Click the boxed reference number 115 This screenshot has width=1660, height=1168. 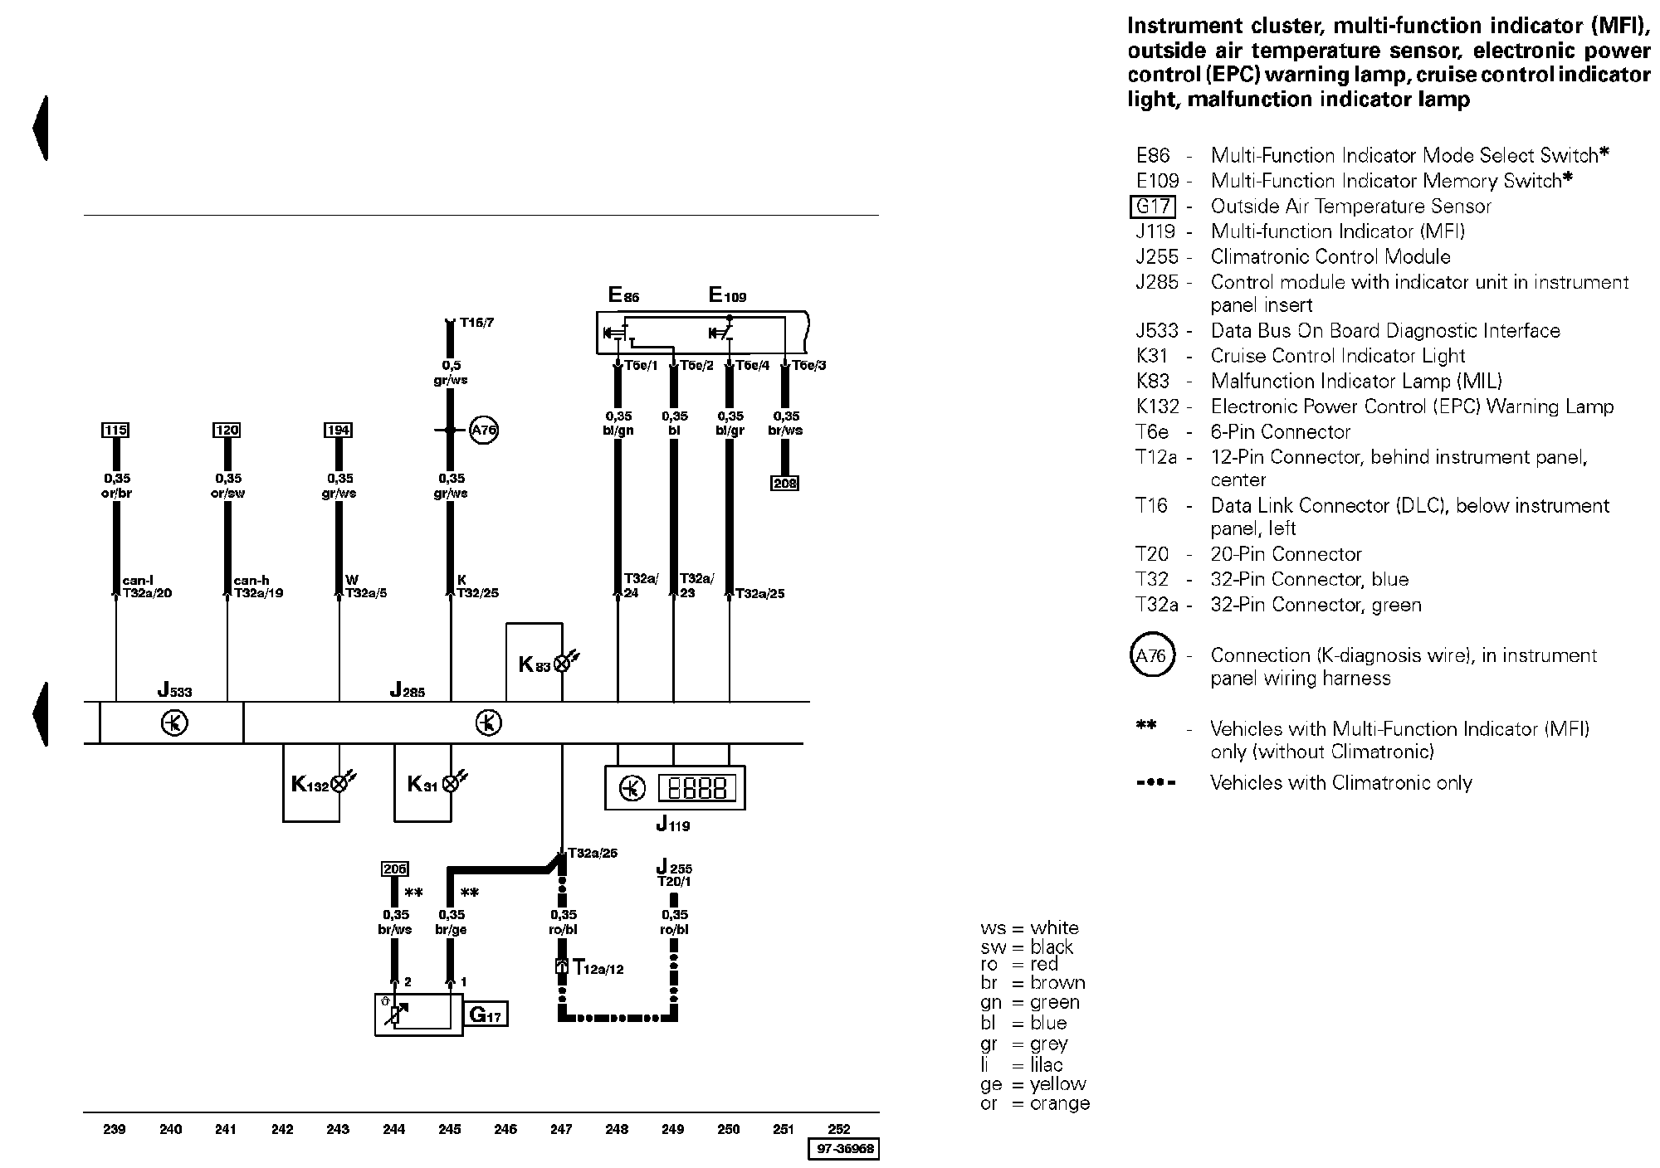[115, 430]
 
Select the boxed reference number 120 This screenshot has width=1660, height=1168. [227, 430]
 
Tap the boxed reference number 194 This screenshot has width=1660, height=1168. [338, 430]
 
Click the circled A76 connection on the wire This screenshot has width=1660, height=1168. [483, 431]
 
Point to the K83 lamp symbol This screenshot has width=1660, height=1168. [563, 663]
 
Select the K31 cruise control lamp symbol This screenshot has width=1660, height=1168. [451, 783]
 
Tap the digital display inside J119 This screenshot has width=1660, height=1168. [697, 788]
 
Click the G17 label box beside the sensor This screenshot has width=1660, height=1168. [486, 1015]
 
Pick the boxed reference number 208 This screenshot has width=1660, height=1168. [784, 483]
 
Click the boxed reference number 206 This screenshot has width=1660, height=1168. [394, 869]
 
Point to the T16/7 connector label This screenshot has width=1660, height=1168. [476, 323]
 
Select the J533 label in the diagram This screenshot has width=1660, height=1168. [175, 689]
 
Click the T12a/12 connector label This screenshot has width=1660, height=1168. [597, 967]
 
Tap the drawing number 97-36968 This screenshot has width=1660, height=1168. [843, 1150]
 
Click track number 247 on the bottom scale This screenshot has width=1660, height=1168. [561, 1129]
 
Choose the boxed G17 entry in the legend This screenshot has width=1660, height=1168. [1154, 207]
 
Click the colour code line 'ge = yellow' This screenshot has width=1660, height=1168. [1033, 1084]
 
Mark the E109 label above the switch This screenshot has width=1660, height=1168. [727, 295]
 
